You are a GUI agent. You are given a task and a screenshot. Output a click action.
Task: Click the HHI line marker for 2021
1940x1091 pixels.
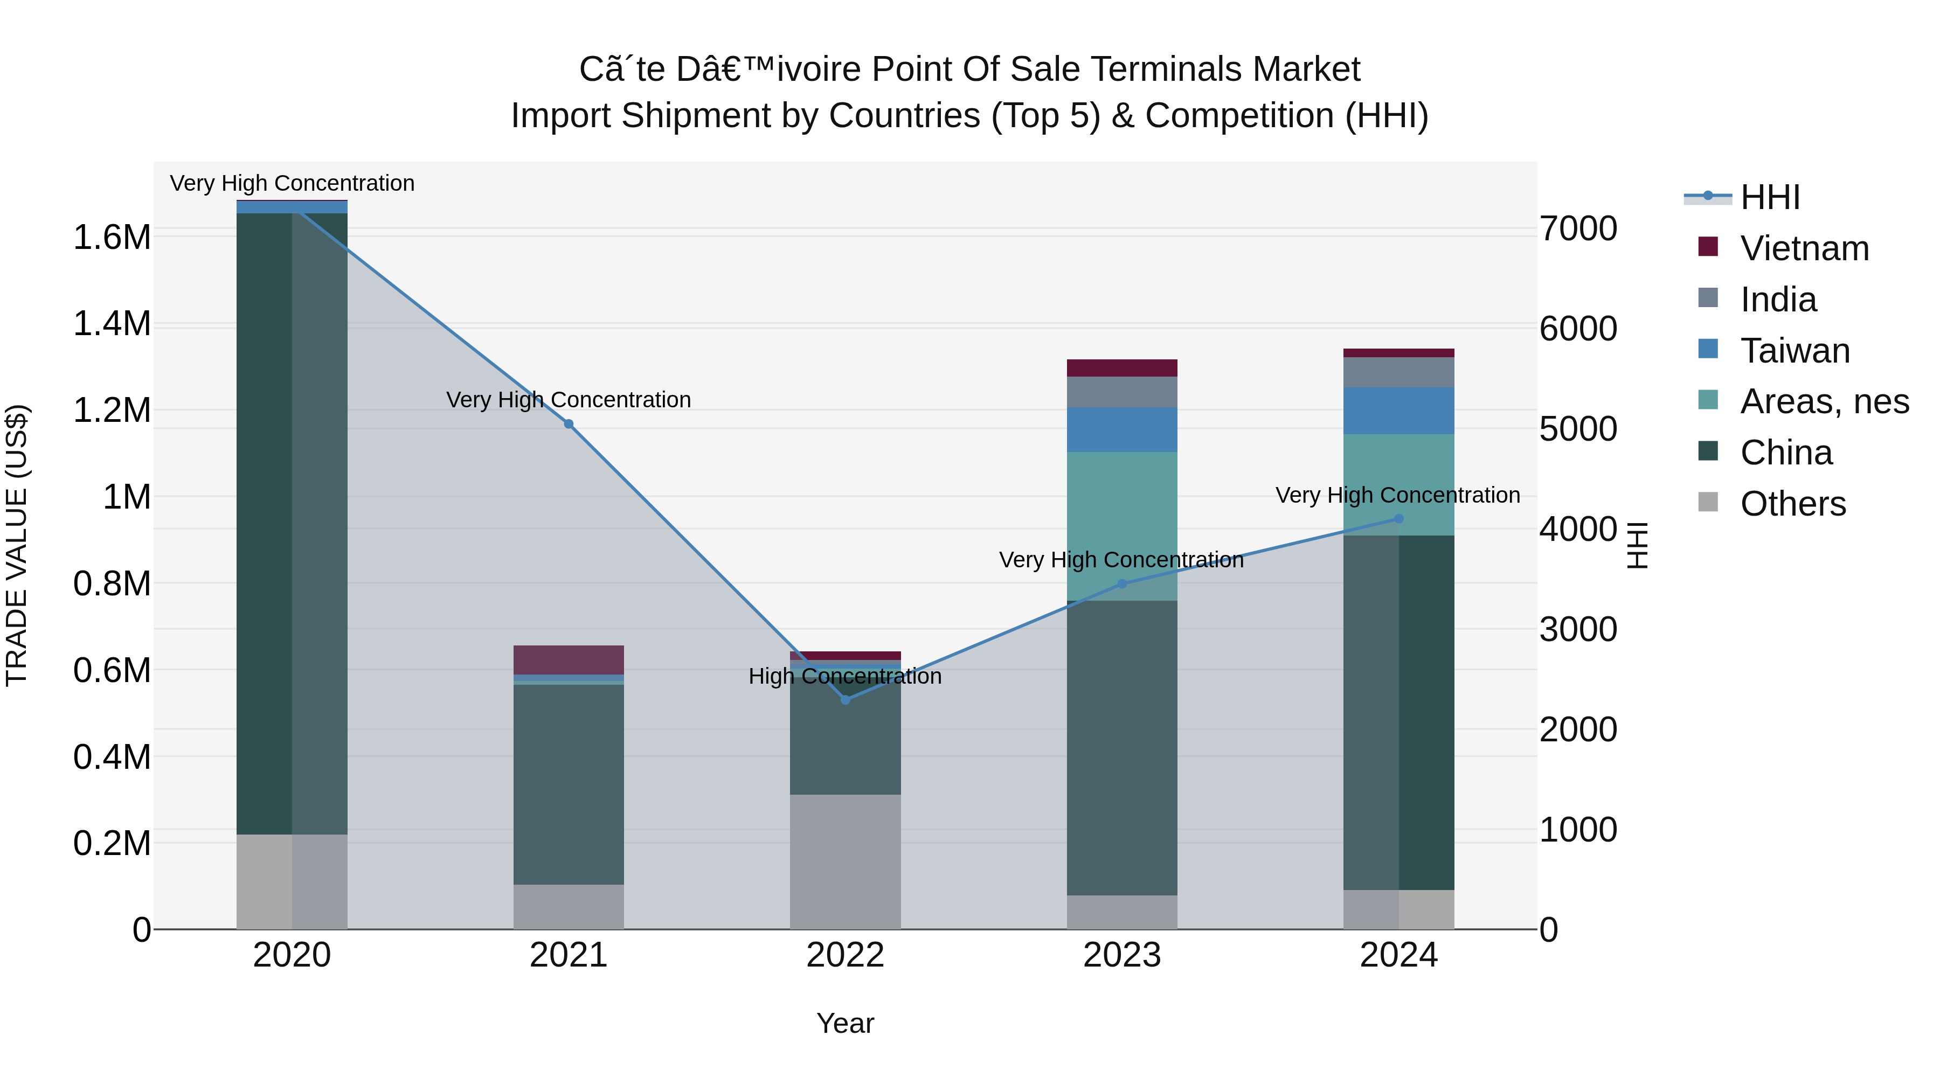point(569,424)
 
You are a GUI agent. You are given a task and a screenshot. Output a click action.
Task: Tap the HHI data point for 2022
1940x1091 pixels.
point(845,699)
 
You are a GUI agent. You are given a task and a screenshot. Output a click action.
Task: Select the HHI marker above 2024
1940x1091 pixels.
point(1398,519)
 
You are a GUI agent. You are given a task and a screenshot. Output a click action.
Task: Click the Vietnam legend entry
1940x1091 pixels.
point(1804,248)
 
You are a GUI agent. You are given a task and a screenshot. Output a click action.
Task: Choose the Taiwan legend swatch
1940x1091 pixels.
point(1708,349)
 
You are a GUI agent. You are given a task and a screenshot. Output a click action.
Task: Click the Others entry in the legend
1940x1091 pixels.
point(1792,504)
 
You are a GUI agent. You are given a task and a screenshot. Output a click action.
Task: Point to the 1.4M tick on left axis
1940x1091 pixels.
point(112,324)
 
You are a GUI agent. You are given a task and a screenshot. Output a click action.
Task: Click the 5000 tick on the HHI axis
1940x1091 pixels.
point(1578,429)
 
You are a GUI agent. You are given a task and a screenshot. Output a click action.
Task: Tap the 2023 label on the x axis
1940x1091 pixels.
point(1121,955)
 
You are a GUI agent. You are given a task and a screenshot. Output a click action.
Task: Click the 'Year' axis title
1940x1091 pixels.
point(845,1023)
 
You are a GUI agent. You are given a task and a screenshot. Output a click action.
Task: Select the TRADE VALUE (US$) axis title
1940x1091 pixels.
point(17,545)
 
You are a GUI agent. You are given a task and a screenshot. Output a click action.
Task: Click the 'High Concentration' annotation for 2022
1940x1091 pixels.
point(845,676)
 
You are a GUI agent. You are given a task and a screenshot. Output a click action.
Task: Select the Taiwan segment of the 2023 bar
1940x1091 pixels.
point(1121,429)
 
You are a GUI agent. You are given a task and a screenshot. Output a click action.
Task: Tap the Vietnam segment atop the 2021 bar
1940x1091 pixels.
point(569,659)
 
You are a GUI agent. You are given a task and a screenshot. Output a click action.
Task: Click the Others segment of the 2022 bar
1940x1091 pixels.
point(845,861)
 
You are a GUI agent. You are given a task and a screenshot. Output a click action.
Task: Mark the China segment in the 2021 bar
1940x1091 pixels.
point(569,783)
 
